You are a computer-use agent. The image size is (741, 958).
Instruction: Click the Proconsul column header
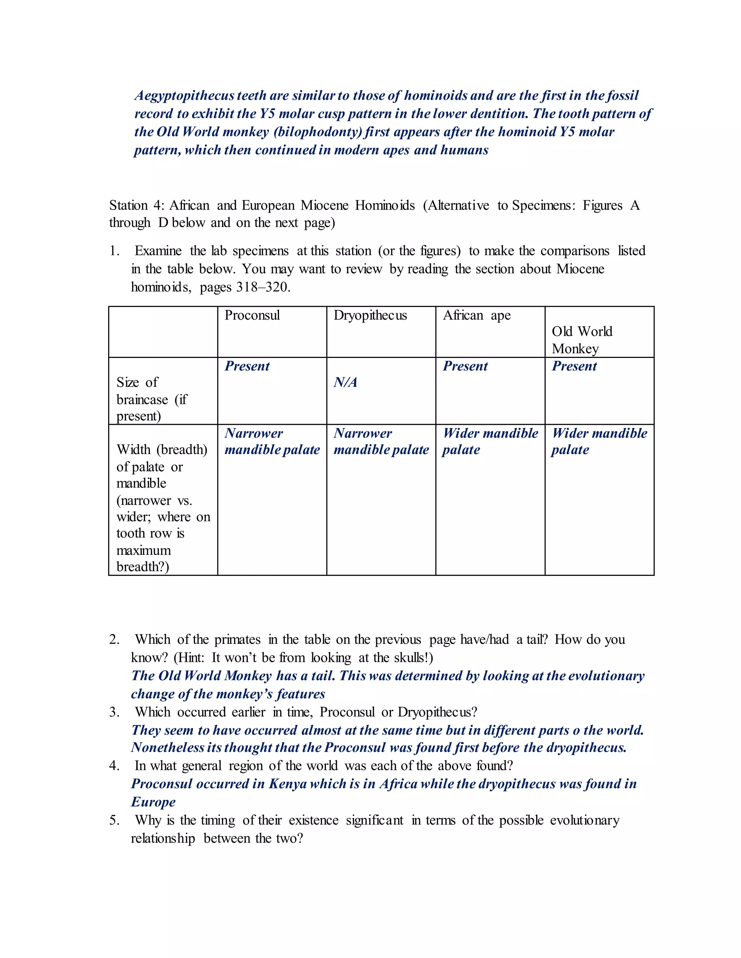pyautogui.click(x=252, y=315)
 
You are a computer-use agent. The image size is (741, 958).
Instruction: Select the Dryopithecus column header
pyautogui.click(x=370, y=315)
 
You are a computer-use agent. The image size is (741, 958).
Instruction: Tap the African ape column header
pyautogui.click(x=477, y=315)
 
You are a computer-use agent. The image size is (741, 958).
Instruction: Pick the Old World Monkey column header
pyautogui.click(x=582, y=340)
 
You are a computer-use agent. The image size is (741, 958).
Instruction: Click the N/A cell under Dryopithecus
pyautogui.click(x=346, y=382)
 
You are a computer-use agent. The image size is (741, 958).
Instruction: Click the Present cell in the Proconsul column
pyautogui.click(x=247, y=366)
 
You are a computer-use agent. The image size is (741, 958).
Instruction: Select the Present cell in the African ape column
pyautogui.click(x=465, y=366)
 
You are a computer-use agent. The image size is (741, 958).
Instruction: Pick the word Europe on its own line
pyautogui.click(x=153, y=802)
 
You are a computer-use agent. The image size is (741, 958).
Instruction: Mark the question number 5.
pyautogui.click(x=114, y=820)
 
